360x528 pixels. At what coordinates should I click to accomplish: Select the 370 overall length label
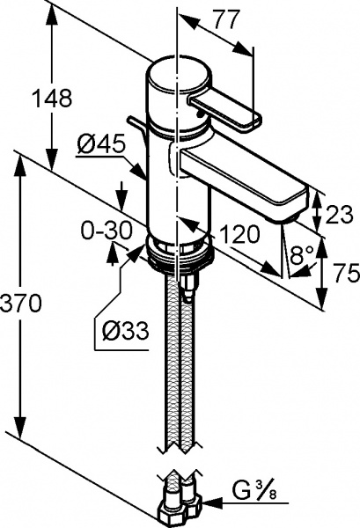pos(21,304)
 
